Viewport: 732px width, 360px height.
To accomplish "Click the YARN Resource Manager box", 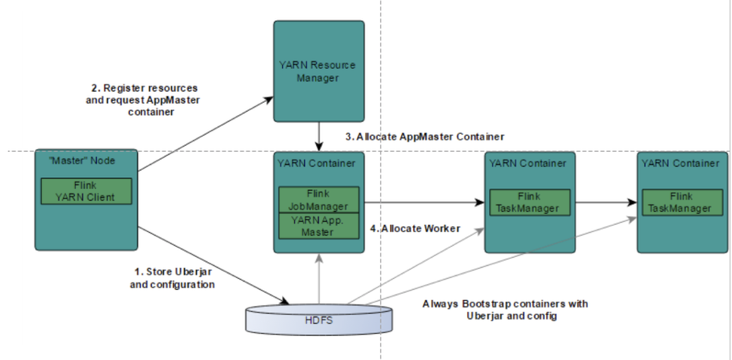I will click(x=319, y=71).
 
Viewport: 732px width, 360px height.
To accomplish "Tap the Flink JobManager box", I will click(x=318, y=199).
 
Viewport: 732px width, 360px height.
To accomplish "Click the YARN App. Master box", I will click(x=318, y=226).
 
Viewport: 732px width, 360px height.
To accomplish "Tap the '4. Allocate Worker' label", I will click(x=415, y=228).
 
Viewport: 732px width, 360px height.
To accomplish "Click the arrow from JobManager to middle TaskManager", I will click(x=424, y=202).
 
